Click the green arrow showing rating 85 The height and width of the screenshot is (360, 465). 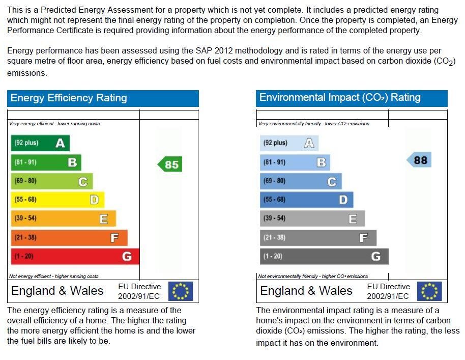pyautogui.click(x=169, y=164)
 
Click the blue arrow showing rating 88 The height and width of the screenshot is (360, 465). pyautogui.click(x=419, y=160)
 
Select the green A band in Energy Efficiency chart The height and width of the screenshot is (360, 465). pyautogui.click(x=40, y=143)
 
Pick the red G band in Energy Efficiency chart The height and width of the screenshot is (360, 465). pyautogui.click(x=74, y=256)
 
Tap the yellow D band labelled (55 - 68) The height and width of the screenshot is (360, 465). pyautogui.click(x=57, y=200)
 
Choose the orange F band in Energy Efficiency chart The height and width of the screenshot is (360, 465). pyautogui.click(x=69, y=237)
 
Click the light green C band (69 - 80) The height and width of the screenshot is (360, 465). pyautogui.click(x=51, y=181)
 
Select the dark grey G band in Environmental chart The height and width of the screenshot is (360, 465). pyautogui.click(x=324, y=256)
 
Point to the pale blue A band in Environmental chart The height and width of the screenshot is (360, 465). pyautogui.click(x=288, y=143)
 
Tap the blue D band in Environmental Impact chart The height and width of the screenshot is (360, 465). pyautogui.click(x=306, y=200)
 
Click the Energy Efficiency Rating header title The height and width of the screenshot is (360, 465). pyautogui.click(x=69, y=98)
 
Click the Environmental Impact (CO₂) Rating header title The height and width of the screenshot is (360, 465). pyautogui.click(x=340, y=98)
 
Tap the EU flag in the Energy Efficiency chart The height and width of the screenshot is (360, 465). pyautogui.click(x=181, y=291)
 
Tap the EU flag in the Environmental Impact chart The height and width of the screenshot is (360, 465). pyautogui.click(x=429, y=291)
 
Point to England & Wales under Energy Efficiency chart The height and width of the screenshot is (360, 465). pyautogui.click(x=57, y=291)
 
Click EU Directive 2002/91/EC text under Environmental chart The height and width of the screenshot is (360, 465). pyautogui.click(x=388, y=291)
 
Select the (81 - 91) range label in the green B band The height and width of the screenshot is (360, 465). pyautogui.click(x=25, y=162)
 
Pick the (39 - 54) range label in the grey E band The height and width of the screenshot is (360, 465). pyautogui.click(x=274, y=218)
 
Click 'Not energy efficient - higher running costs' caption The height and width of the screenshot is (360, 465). pyautogui.click(x=54, y=276)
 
